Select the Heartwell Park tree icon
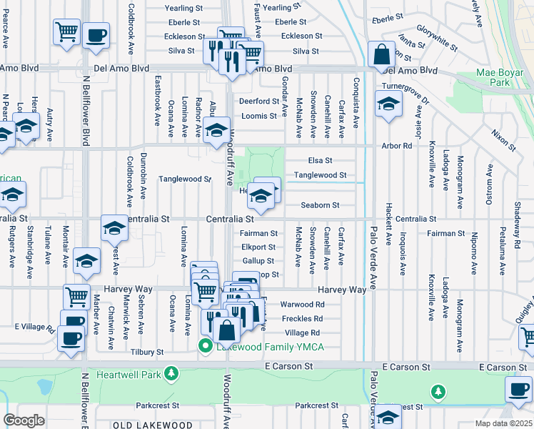click(171, 374)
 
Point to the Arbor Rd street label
click(398, 146)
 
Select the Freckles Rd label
click(302, 319)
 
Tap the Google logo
click(24, 420)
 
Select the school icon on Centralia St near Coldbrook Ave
click(114, 228)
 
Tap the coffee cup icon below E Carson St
click(518, 390)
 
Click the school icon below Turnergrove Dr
click(389, 107)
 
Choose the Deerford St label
click(258, 102)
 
